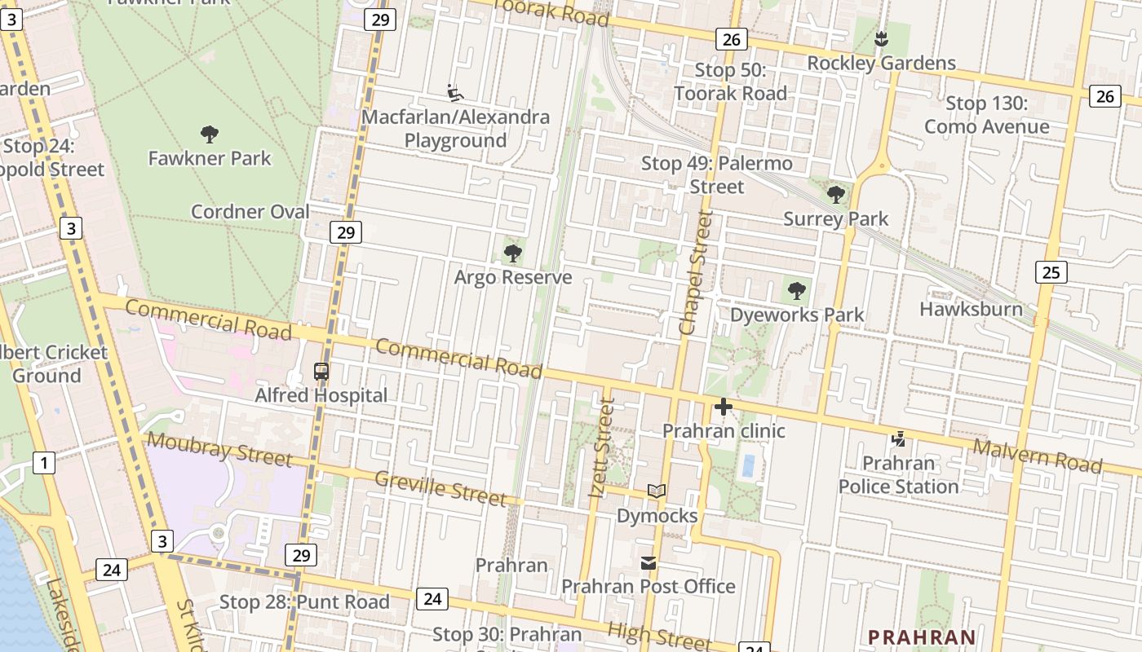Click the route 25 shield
tap(1051, 271)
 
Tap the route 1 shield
tap(43, 463)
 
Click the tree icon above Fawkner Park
tap(209, 134)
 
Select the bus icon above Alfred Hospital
tap(321, 372)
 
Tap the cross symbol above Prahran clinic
tap(723, 407)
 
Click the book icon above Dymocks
tap(656, 491)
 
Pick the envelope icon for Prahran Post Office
tap(648, 563)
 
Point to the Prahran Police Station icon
tap(898, 439)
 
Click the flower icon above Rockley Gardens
tap(881, 38)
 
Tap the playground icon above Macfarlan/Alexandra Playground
tap(455, 93)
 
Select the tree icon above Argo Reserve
tap(512, 253)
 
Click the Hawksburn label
tap(971, 309)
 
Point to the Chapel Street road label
tap(696, 272)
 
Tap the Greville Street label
tap(440, 487)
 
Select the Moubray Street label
tap(219, 451)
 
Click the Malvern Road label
tap(1038, 456)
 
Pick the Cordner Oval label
tap(250, 212)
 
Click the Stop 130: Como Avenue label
tap(986, 115)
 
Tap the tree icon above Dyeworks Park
tap(796, 290)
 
